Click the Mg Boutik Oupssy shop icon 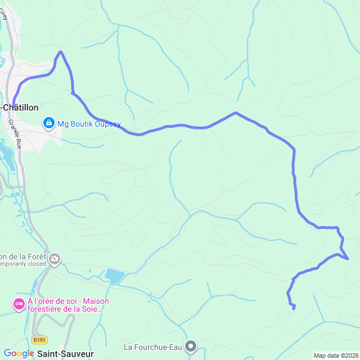click(x=49, y=123)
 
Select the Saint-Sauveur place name click(x=66, y=353)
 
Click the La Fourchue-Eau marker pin click(x=191, y=346)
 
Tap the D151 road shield click(x=39, y=340)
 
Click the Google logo click(x=19, y=353)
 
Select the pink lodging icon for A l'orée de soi click(x=18, y=304)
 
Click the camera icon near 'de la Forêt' click(x=55, y=259)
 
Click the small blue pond click(x=114, y=276)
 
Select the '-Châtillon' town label click(x=20, y=107)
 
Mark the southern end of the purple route click(x=294, y=307)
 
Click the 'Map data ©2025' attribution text click(x=336, y=355)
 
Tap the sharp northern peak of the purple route click(x=60, y=52)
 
